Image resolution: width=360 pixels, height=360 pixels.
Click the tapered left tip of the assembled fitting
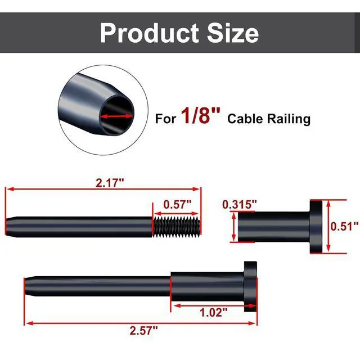[28, 286]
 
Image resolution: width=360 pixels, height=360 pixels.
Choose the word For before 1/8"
[165, 119]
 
